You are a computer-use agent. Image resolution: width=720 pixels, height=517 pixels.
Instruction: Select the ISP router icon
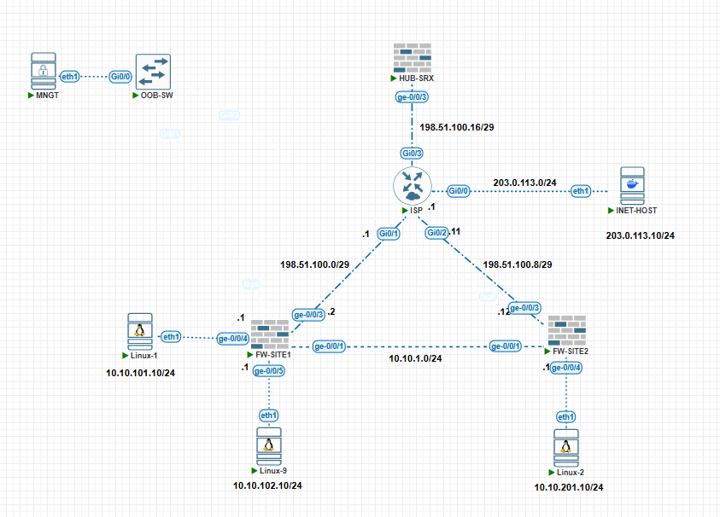[413, 186]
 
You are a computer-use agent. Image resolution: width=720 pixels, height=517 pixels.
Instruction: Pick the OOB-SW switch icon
[153, 72]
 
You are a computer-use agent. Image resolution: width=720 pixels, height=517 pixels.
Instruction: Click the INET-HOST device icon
[632, 185]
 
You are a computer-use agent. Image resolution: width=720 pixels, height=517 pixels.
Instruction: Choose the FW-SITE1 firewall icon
[272, 333]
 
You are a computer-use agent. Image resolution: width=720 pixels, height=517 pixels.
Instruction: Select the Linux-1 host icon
[140, 330]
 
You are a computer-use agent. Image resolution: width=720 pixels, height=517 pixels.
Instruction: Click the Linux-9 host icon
[269, 444]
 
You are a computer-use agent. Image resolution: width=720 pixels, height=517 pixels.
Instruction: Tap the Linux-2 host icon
[565, 447]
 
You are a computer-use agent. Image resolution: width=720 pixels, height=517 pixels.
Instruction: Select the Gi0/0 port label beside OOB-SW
[119, 77]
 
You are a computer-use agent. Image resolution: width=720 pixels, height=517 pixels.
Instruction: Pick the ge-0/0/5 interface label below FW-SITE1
[269, 370]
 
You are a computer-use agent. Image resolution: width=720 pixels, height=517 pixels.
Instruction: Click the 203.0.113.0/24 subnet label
[524, 182]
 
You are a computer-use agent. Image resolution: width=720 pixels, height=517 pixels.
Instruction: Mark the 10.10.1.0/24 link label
[415, 358]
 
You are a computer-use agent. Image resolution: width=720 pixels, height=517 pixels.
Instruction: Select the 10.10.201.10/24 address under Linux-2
[568, 487]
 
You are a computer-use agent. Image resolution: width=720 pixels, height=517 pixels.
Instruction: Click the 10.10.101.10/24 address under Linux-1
[140, 373]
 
